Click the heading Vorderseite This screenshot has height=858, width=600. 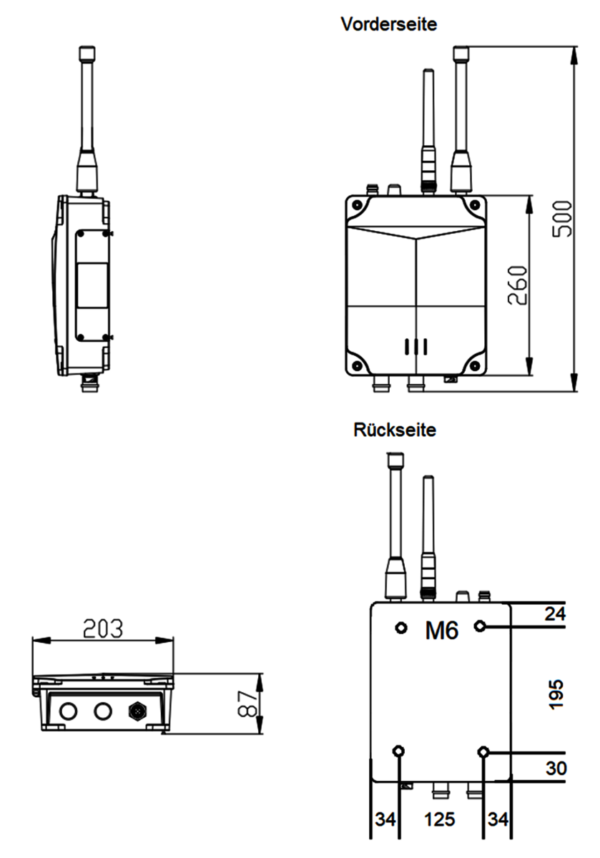coord(388,24)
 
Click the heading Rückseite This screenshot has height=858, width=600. coord(395,430)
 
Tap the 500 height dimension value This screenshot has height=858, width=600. coord(562,219)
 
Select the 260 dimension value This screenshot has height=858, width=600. coord(517,285)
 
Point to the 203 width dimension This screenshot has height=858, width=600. coord(103,628)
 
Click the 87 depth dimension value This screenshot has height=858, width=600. coord(247,704)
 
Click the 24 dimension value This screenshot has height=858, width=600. coord(555,613)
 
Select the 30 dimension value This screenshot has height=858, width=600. coord(556,768)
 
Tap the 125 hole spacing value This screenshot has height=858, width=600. coord(440,819)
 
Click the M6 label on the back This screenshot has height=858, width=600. coord(441,630)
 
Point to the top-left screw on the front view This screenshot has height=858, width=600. coord(357,205)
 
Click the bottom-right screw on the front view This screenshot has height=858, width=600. coord(475,365)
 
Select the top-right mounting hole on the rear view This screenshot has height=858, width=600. coord(480,626)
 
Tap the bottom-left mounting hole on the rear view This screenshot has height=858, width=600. coord(398,750)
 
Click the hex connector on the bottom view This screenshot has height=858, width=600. coord(137,711)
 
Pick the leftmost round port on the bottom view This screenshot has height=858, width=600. coord(68,711)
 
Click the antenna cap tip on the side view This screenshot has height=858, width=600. coord(87,53)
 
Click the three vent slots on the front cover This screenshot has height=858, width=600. coord(415,347)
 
